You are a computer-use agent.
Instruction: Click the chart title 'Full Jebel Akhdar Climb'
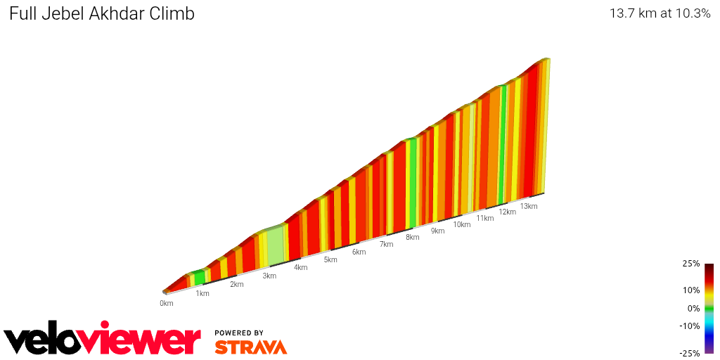tap(102, 13)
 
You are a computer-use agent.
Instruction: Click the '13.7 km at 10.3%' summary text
tap(660, 13)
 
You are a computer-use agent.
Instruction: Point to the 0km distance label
tap(166, 303)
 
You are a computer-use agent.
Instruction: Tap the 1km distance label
tap(202, 293)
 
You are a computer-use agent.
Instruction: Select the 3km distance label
tap(269, 276)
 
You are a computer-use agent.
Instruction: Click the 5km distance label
tap(330, 259)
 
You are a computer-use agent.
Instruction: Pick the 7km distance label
tap(386, 244)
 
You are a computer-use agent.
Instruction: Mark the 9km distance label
tap(437, 231)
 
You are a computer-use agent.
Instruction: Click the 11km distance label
tap(485, 218)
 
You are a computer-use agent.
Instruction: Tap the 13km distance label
tap(529, 206)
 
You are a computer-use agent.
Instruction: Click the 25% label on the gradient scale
tap(691, 264)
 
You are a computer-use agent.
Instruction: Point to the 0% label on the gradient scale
tap(693, 308)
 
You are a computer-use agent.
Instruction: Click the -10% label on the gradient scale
tap(689, 326)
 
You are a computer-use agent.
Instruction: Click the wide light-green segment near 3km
tap(275, 246)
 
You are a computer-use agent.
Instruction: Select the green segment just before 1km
tap(200, 277)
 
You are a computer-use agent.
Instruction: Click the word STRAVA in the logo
tap(250, 347)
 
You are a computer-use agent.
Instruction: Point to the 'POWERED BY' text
tap(239, 333)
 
